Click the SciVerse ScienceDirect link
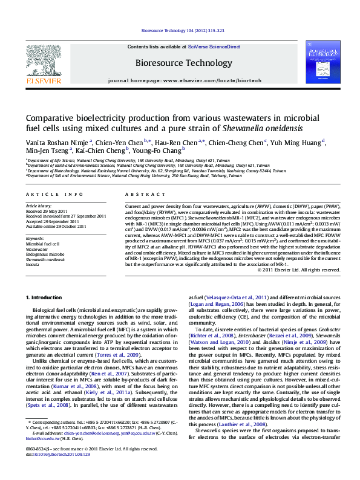point(214,47)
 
